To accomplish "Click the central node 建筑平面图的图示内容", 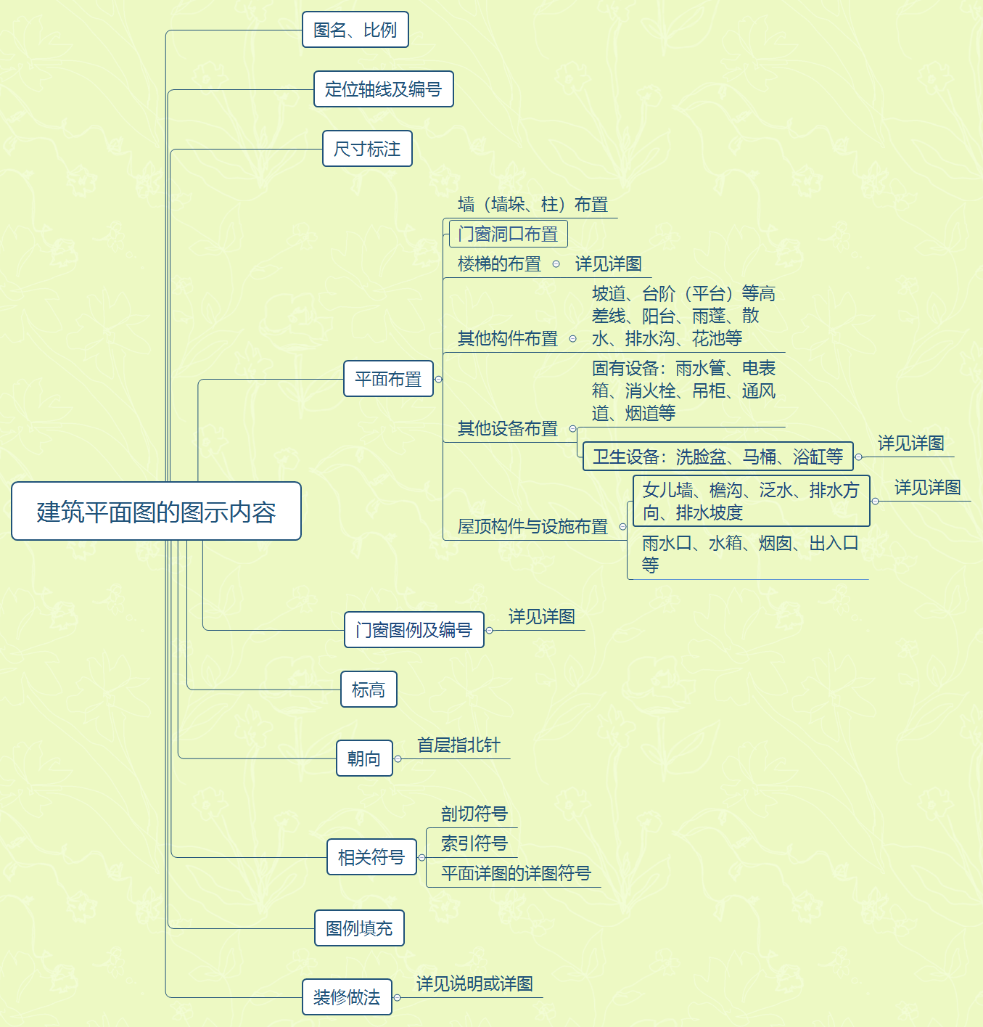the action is pos(156,511).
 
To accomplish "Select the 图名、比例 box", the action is pos(355,30).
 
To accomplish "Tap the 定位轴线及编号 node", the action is pos(383,89).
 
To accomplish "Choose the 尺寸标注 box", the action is pos(367,149).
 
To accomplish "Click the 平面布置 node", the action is pos(388,379).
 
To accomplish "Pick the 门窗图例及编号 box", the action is pos(414,630).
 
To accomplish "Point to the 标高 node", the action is pos(369,690).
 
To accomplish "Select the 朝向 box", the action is pos(364,758).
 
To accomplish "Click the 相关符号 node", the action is pos(371,857).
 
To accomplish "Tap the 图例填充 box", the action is pos(359,928).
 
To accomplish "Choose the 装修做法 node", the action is pos(347,997).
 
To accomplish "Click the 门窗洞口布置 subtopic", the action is pos(508,234).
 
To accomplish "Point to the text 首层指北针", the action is pos(458,745).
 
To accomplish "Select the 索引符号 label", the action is pos(474,843).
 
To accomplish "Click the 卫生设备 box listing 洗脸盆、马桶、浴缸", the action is pos(717,457).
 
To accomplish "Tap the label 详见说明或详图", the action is pos(474,984).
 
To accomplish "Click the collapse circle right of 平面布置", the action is pos(438,379).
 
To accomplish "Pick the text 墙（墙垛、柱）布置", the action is pos(532,205).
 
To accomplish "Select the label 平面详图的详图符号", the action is pos(516,873).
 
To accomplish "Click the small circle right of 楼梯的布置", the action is pos(556,264).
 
